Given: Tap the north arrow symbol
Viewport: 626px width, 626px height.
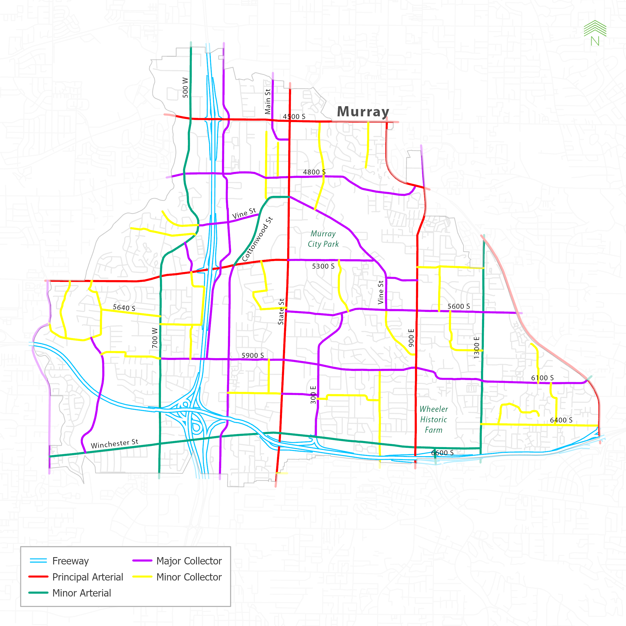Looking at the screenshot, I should (x=595, y=33).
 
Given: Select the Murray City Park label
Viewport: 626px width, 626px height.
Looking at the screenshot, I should (x=323, y=239).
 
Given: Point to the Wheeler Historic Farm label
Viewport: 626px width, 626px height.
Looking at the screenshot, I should (x=434, y=419).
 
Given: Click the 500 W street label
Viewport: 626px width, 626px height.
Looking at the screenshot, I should (x=185, y=87).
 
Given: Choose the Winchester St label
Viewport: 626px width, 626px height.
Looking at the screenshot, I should (x=115, y=444).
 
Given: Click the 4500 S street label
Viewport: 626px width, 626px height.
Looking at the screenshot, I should (x=294, y=116).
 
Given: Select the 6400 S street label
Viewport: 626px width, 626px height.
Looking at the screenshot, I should (x=561, y=420).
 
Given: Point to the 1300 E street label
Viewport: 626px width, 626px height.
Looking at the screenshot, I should (x=476, y=348).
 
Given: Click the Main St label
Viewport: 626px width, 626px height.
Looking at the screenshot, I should (x=268, y=101).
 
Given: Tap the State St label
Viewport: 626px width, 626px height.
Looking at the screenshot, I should (x=281, y=311).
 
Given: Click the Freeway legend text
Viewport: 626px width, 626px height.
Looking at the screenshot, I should (x=70, y=561).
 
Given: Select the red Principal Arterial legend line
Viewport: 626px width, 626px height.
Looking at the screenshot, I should (x=38, y=577).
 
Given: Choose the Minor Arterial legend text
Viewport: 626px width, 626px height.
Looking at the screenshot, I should (x=82, y=593).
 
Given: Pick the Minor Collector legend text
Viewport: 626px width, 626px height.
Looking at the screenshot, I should (x=189, y=577).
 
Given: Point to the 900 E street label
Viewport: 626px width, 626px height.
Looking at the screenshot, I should (x=411, y=338).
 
